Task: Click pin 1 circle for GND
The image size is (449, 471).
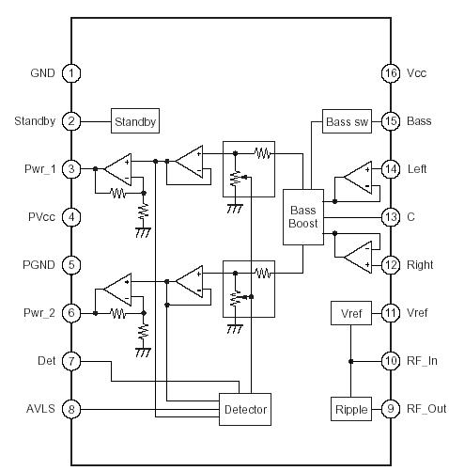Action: tap(70, 73)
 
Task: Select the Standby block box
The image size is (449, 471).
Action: tap(135, 121)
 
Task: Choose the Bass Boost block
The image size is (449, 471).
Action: tap(304, 217)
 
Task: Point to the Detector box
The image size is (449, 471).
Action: tap(246, 409)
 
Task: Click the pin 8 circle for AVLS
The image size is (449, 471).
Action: tap(70, 409)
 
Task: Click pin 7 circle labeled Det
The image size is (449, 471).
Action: tap(70, 361)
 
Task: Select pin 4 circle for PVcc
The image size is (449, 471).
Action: tap(70, 217)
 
